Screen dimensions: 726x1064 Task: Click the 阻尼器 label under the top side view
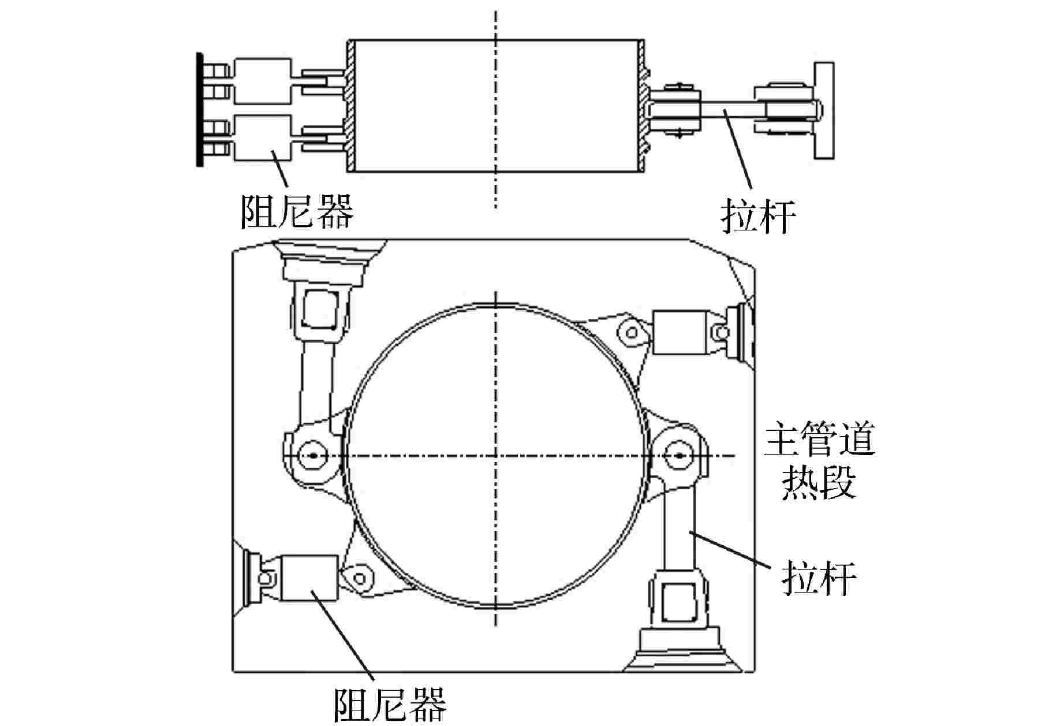click(296, 210)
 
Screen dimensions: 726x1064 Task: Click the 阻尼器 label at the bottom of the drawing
click(390, 704)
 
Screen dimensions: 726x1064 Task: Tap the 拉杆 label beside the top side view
click(758, 217)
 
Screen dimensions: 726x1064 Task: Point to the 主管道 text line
click(819, 441)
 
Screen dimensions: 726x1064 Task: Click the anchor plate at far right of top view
click(824, 110)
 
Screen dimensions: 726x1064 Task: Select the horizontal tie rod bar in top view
click(728, 109)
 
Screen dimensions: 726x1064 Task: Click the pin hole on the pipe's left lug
click(313, 455)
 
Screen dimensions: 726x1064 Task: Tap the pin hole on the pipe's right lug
click(679, 455)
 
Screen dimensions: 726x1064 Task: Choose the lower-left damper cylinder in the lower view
click(309, 578)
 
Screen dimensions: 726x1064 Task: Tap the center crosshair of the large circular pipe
click(496, 455)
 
